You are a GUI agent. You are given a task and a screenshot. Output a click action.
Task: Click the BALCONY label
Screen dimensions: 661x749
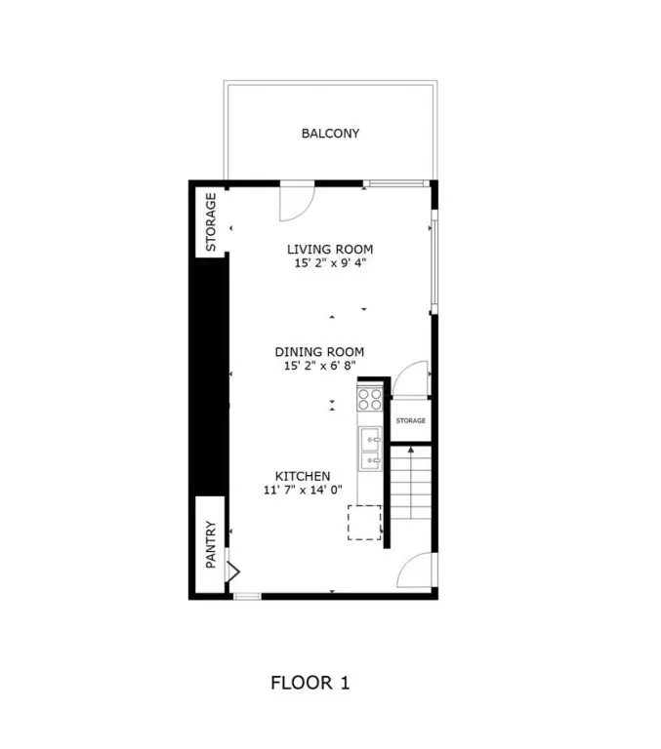coord(330,134)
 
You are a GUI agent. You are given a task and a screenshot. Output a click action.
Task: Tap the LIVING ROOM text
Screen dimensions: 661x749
coord(330,250)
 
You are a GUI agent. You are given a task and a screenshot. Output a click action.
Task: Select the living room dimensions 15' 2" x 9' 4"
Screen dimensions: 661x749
coord(330,262)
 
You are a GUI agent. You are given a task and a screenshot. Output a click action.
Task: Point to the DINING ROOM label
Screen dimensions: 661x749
coord(319,352)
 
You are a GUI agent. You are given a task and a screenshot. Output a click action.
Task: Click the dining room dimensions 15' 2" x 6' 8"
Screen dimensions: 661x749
coord(319,366)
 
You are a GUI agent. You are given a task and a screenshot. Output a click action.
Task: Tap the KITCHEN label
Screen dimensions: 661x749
coord(303,476)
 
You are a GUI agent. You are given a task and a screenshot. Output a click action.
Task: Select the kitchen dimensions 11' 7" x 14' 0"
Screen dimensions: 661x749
coord(303,490)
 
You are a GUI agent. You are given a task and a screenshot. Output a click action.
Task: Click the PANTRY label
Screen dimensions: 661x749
coord(211,544)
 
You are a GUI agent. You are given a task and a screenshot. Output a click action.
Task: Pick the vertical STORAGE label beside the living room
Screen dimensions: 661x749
coord(211,222)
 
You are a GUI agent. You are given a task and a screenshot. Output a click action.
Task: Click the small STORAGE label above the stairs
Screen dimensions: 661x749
coord(410,421)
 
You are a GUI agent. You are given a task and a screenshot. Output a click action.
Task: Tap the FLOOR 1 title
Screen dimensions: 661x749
coord(310,683)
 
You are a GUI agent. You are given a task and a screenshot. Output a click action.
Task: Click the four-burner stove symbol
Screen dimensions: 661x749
coord(370,399)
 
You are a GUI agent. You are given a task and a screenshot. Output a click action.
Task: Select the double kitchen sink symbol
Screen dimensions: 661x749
coord(371,449)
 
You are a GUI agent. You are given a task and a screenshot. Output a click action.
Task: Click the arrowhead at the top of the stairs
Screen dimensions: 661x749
coord(410,450)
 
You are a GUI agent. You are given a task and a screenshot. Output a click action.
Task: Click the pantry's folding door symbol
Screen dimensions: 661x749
coord(233,571)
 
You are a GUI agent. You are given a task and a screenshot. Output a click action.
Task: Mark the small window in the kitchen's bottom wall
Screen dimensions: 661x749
coord(247,596)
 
